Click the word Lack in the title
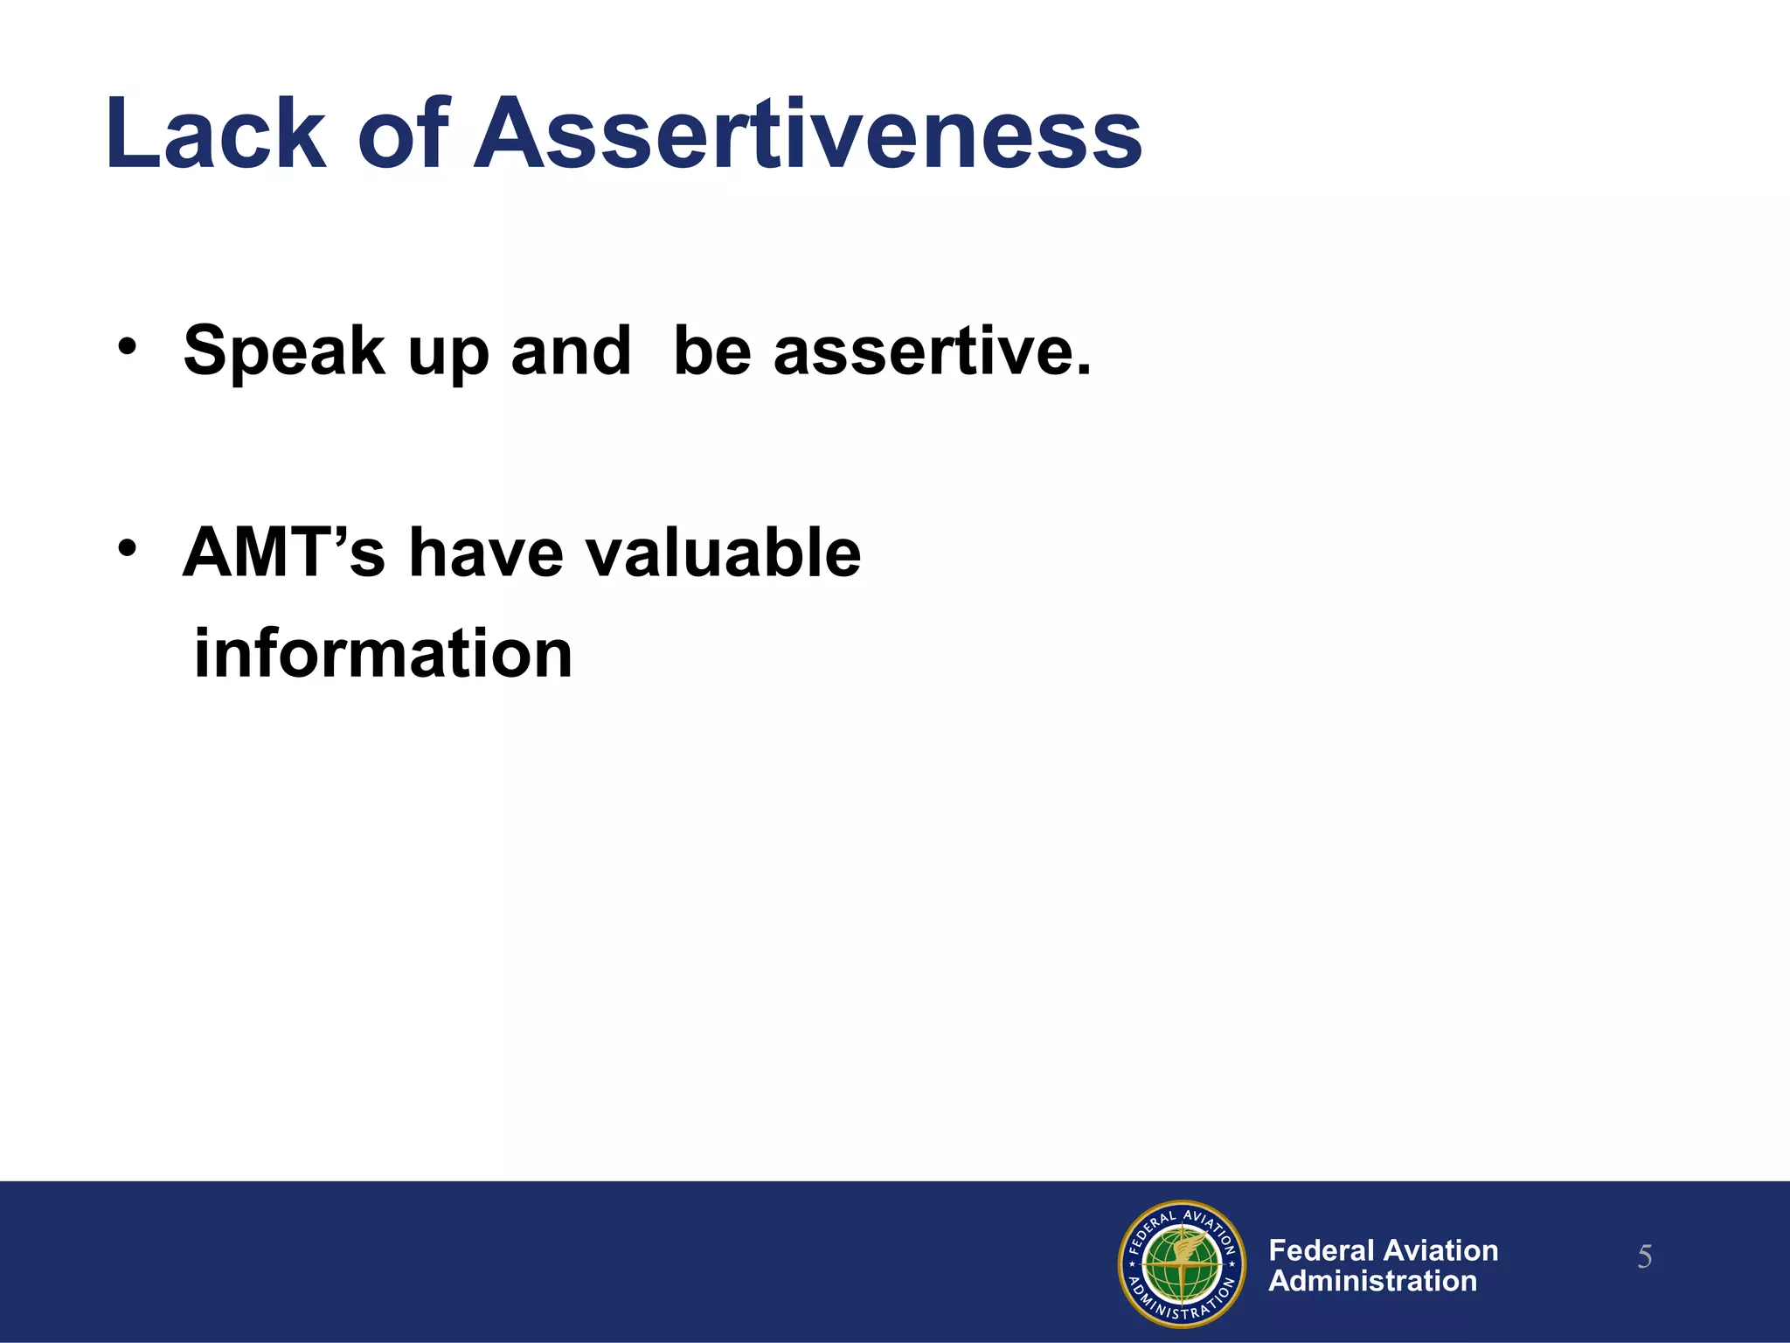pos(215,136)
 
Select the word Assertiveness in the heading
pos(808,136)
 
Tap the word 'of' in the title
pos(403,136)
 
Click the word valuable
pos(722,553)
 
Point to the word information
pos(383,654)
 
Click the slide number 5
pos(1644,1257)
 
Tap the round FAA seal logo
pos(1182,1263)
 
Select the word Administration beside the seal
pos(1372,1281)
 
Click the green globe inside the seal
pos(1183,1265)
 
